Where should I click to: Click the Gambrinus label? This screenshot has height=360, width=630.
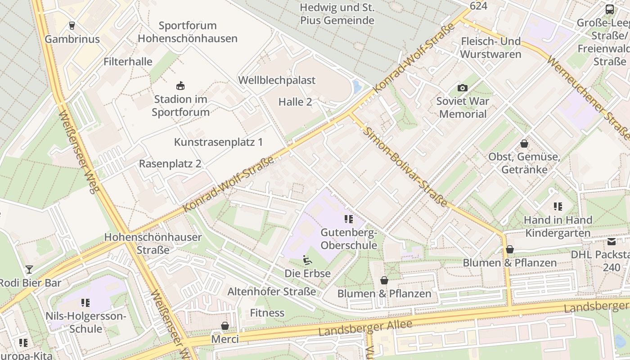pyautogui.click(x=72, y=39)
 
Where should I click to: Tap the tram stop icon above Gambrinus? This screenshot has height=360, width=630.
pyautogui.click(x=72, y=25)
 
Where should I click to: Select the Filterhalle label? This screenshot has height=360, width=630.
pyautogui.click(x=128, y=62)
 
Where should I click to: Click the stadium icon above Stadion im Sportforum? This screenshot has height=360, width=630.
pyautogui.click(x=180, y=85)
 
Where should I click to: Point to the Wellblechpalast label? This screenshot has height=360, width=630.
pyautogui.click(x=277, y=80)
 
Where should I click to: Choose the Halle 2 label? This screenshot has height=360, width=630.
pyautogui.click(x=295, y=102)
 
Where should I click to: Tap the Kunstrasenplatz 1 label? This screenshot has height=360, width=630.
pyautogui.click(x=218, y=142)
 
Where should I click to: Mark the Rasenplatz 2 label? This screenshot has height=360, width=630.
pyautogui.click(x=170, y=163)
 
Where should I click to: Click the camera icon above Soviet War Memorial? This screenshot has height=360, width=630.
pyautogui.click(x=463, y=88)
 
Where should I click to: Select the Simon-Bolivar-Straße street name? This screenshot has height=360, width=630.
pyautogui.click(x=406, y=167)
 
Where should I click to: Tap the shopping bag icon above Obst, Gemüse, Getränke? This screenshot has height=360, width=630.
pyautogui.click(x=524, y=144)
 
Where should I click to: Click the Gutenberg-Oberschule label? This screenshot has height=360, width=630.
pyautogui.click(x=349, y=239)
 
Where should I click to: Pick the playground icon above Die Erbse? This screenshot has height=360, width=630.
pyautogui.click(x=307, y=260)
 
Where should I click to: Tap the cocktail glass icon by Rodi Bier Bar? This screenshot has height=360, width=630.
pyautogui.click(x=29, y=270)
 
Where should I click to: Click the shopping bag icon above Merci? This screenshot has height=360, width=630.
pyautogui.click(x=225, y=325)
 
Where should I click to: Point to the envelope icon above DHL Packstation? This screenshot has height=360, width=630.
pyautogui.click(x=612, y=242)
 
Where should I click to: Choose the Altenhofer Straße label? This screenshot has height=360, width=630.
pyautogui.click(x=272, y=291)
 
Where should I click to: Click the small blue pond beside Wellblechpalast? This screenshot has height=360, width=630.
pyautogui.click(x=357, y=86)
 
